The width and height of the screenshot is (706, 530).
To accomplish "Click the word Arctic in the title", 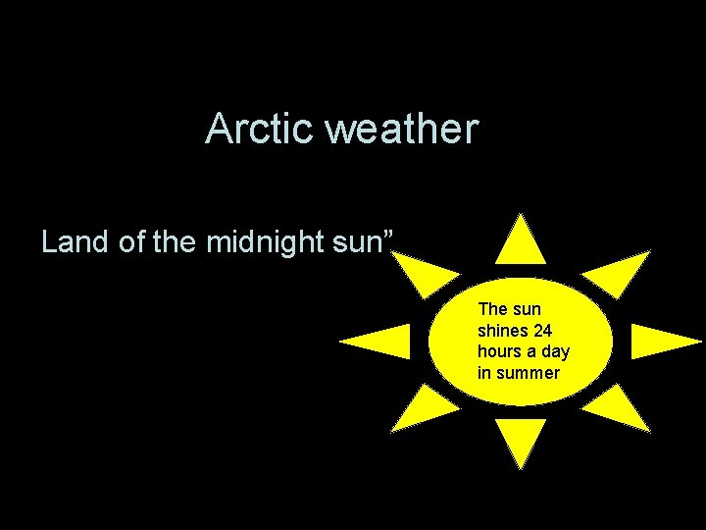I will click(259, 130).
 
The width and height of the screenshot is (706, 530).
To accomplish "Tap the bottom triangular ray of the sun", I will click(521, 439).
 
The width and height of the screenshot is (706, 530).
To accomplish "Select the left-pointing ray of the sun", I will click(380, 341).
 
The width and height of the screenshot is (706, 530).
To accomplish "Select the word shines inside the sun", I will click(500, 331).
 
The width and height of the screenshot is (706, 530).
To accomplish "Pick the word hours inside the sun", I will click(499, 351).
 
